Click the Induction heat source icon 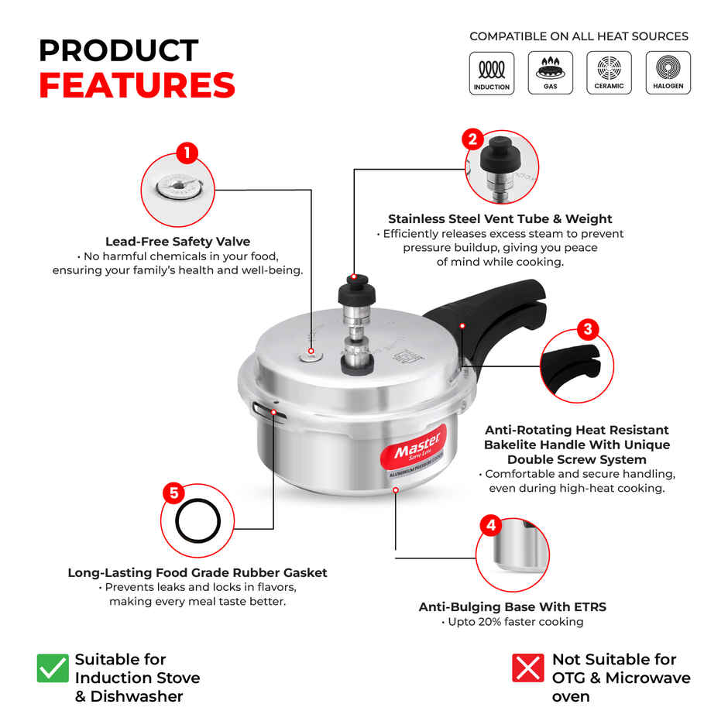[492, 73]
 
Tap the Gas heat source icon [550, 73]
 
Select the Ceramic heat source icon [609, 73]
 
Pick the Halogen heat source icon [668, 73]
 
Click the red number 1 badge [187, 153]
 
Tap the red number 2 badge [473, 139]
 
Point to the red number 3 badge [588, 329]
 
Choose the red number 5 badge [173, 493]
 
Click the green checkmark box [53, 668]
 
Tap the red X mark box [527, 668]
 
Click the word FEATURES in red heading [137, 86]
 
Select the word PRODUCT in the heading [118, 50]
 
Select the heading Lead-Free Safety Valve [177, 242]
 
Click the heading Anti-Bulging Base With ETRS [512, 607]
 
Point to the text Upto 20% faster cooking [512, 622]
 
